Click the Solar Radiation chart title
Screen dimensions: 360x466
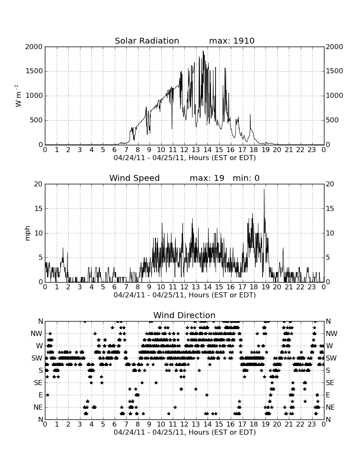point(147,41)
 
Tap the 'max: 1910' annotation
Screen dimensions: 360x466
point(232,41)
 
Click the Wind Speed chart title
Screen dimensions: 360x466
point(134,178)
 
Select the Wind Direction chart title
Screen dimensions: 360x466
point(184,315)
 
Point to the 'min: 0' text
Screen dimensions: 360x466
point(246,178)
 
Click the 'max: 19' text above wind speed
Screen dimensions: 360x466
point(207,178)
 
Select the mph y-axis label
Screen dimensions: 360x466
point(28,233)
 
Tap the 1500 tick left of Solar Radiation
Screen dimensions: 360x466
point(34,71)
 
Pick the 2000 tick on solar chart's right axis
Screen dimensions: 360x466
point(335,47)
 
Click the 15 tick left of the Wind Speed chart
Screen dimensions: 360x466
point(39,208)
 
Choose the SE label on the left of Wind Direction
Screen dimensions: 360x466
point(38,383)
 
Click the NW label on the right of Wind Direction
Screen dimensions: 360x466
point(332,333)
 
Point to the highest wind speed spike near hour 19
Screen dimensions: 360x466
point(264,189)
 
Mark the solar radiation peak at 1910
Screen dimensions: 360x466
point(203,51)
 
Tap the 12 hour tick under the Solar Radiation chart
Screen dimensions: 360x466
point(184,150)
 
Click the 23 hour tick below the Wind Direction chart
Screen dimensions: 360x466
point(312,424)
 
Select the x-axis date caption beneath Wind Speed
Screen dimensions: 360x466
point(185,295)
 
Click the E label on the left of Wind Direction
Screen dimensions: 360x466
point(40,395)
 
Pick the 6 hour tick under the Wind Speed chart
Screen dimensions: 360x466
point(114,287)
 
